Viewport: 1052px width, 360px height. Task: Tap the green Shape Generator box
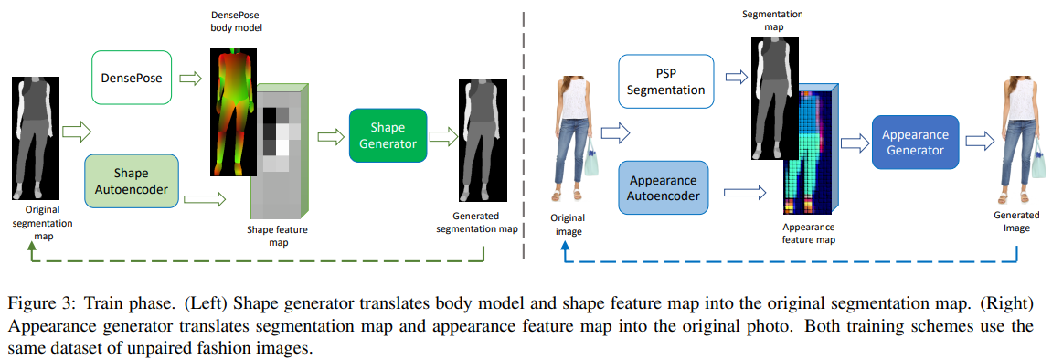(387, 135)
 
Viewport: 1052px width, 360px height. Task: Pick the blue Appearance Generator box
(915, 142)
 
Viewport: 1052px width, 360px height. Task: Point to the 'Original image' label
(568, 224)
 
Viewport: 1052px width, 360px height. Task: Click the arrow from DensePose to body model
(191, 79)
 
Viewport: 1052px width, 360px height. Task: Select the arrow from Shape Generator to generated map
(442, 136)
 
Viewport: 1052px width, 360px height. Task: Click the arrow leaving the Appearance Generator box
(979, 141)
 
